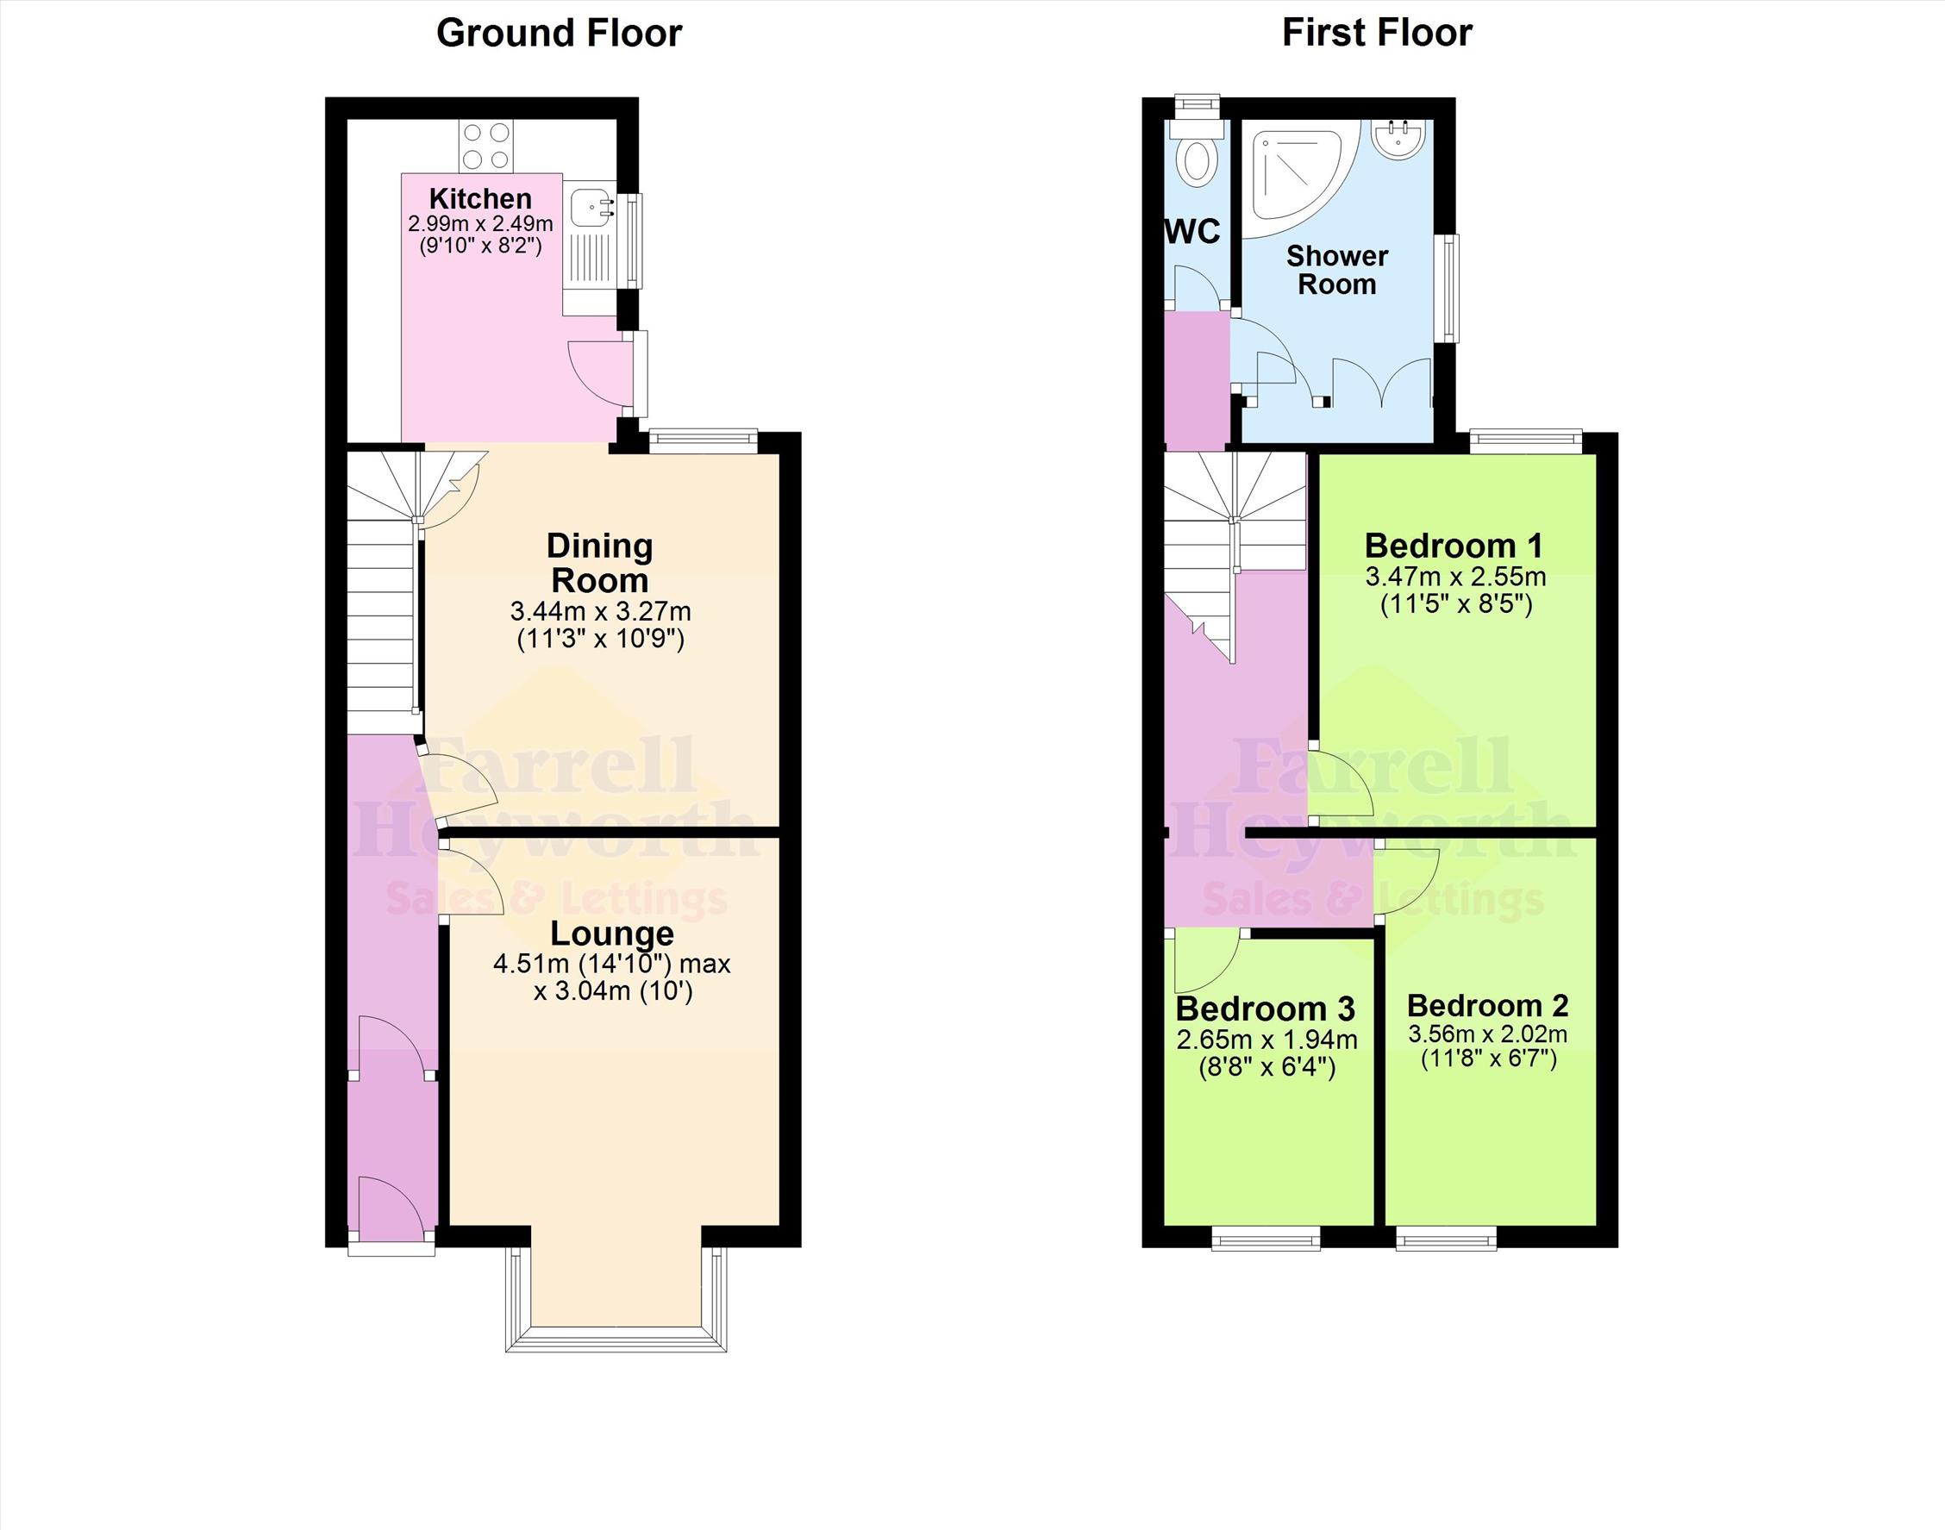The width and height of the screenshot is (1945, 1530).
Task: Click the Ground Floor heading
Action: pos(558,33)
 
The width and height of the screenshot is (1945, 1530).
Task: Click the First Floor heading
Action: pos(1377,33)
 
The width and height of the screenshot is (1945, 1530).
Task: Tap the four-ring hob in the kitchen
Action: pos(486,146)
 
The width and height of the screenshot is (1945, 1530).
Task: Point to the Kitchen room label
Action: pos(480,198)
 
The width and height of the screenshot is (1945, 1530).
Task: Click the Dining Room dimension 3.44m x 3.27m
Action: pos(600,612)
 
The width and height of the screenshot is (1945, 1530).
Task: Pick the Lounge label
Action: pos(612,934)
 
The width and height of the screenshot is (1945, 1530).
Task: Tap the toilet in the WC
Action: pos(1196,158)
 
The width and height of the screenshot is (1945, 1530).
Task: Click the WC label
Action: pos(1192,231)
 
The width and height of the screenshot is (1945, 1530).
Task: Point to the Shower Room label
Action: pos(1336,270)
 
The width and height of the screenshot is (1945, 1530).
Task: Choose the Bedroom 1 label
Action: pos(1454,545)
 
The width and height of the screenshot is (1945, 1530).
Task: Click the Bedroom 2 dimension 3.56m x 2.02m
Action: pos(1487,1034)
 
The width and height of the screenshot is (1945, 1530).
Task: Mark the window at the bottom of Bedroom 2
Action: pos(1446,1238)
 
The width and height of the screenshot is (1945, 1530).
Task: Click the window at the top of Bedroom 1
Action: pos(1525,441)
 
